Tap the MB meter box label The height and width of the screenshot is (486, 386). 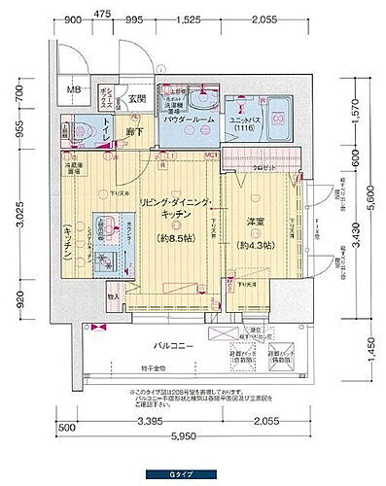pyautogui.click(x=74, y=93)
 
